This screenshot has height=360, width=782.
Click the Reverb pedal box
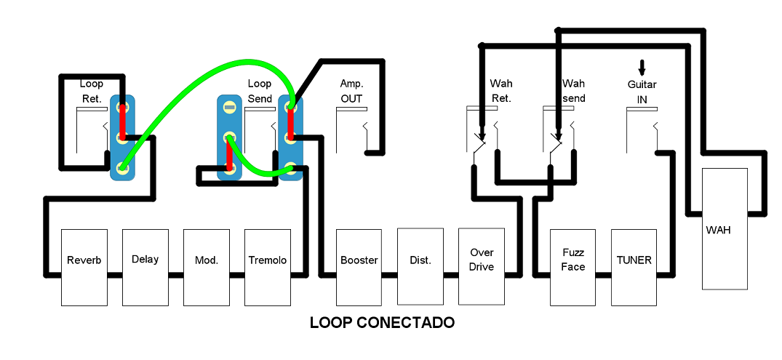(84, 267)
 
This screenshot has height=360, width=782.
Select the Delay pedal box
(145, 267)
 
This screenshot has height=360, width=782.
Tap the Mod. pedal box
(207, 267)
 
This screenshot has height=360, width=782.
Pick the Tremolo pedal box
(268, 267)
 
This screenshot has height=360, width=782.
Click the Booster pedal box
(359, 267)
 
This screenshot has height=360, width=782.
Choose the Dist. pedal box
(420, 267)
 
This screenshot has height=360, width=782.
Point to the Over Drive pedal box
(482, 267)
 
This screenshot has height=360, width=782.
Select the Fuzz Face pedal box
(573, 267)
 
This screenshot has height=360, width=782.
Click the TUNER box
(634, 267)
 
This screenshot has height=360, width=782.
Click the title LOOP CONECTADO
(382, 322)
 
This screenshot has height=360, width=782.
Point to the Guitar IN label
(642, 92)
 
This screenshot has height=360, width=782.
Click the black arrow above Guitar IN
(642, 68)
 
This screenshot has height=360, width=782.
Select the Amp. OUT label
(351, 92)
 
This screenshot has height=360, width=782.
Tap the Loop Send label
(260, 92)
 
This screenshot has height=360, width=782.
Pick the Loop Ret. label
(92, 92)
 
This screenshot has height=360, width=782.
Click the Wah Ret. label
(501, 92)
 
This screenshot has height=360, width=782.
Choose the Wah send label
(574, 92)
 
